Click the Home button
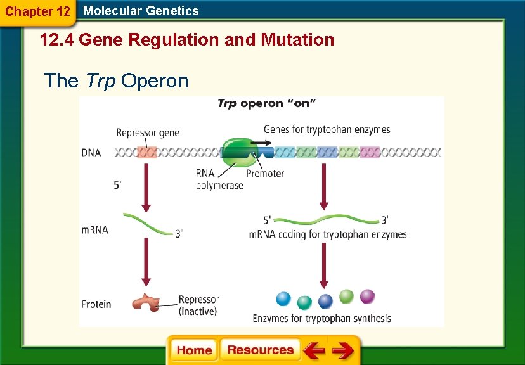pos(194,350)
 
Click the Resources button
pos(260,350)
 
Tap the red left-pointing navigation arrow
pos(313,350)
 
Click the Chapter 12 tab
pos(37,11)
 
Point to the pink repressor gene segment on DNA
pos(146,153)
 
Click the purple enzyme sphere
pos(367,296)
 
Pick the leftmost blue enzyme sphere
pos(283,298)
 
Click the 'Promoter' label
pos(264,174)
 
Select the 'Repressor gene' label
pos(147,132)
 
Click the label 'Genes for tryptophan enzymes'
pos(327,130)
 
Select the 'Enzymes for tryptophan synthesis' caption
pos(321,318)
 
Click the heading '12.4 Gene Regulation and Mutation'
pos(187,40)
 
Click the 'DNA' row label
pos(91,153)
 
